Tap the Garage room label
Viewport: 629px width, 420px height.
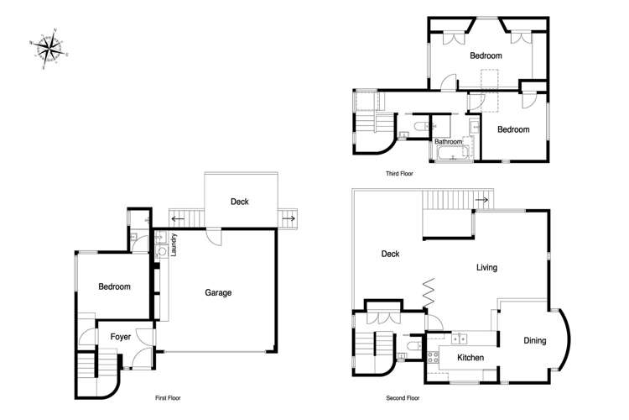(x=218, y=292)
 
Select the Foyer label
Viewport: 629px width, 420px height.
(x=121, y=337)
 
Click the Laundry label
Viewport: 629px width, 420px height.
(x=174, y=244)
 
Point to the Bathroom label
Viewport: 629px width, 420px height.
(x=449, y=142)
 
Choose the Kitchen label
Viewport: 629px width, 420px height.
(x=470, y=358)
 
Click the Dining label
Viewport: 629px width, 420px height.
(x=534, y=340)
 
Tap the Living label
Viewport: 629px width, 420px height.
(x=486, y=268)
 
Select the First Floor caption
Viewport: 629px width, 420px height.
(x=168, y=397)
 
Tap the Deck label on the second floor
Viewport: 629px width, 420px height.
(x=389, y=254)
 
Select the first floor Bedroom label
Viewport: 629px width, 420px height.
(x=114, y=286)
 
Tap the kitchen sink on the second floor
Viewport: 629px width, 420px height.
(x=458, y=339)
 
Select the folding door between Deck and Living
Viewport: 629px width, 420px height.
(x=429, y=292)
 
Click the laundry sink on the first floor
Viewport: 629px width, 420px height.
(x=162, y=250)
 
